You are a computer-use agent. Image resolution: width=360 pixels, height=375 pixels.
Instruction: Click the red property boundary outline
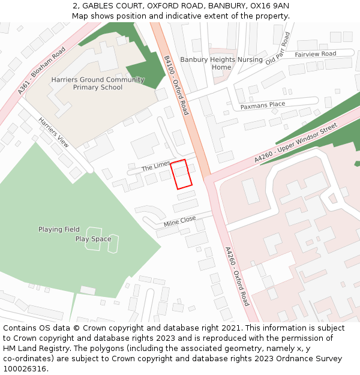[x=181, y=174]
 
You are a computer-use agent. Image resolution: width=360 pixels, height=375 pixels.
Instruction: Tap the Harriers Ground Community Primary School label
[x=97, y=83]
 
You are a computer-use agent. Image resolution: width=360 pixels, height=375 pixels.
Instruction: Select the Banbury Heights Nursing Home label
[x=221, y=63]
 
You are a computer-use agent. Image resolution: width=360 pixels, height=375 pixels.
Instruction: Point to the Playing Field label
[x=59, y=229]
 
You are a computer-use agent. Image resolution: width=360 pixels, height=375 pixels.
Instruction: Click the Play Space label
[x=93, y=239]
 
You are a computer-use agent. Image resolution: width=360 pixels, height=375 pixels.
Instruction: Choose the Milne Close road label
[x=179, y=222]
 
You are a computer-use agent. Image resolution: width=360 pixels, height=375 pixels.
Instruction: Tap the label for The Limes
[x=156, y=166]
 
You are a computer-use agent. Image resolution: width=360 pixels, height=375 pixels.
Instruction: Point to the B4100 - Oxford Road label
[x=176, y=85]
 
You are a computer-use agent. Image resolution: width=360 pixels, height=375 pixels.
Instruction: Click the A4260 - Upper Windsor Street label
[x=296, y=143]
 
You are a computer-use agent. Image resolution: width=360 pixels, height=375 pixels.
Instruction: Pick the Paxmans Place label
[x=263, y=106]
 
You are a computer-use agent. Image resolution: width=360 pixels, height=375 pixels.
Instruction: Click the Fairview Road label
[x=315, y=54]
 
